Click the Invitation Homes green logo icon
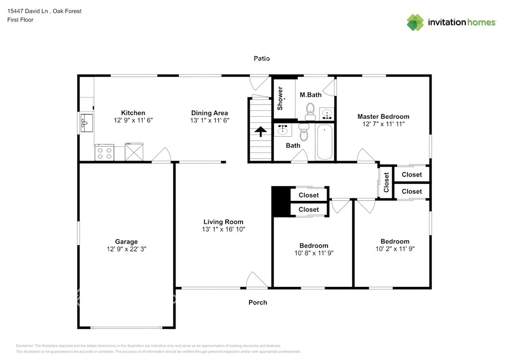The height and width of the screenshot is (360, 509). tap(415, 22)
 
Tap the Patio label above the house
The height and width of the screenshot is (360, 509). tap(261, 59)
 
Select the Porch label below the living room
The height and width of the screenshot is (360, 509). tap(258, 302)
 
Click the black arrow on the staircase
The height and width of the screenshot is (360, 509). tap(260, 132)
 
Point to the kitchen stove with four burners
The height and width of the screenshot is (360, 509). tap(104, 153)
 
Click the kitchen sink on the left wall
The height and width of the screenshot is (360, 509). tap(86, 123)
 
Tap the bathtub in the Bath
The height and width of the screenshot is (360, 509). tap(324, 142)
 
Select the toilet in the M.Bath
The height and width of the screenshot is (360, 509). tap(310, 112)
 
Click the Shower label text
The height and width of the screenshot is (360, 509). tap(280, 98)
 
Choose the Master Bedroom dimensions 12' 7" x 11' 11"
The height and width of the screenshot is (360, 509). tap(383, 124)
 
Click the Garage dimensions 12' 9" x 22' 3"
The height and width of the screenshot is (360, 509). tap(127, 249)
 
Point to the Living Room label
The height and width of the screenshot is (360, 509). tap(223, 222)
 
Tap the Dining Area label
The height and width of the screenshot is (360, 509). tap(209, 113)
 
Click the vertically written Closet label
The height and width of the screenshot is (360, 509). tap(386, 182)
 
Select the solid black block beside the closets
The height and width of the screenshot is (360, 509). tap(281, 201)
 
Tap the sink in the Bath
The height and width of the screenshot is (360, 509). tap(283, 130)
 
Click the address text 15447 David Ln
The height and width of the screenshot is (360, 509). tap(28, 11)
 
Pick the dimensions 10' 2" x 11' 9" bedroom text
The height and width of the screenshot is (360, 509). tap(395, 249)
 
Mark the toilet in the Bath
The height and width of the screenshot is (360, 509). tap(304, 131)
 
